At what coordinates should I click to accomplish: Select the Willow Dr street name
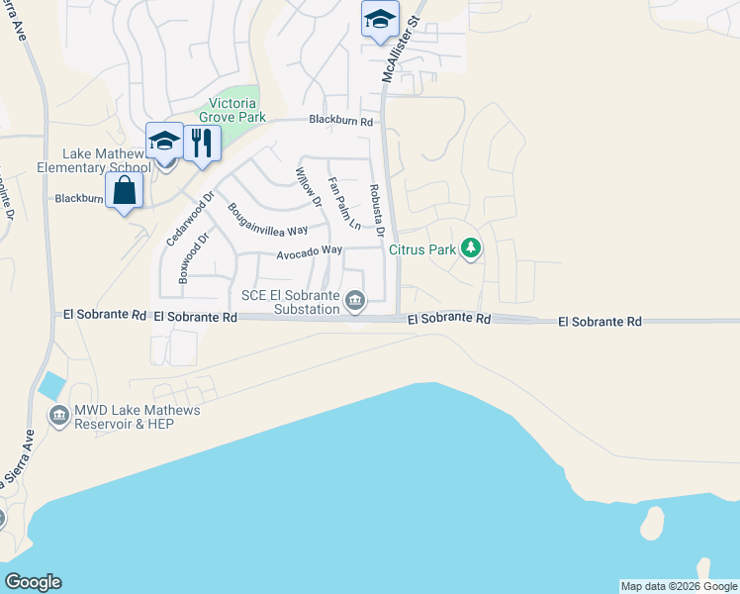(x=309, y=187)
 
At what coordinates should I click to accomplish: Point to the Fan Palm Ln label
(x=343, y=202)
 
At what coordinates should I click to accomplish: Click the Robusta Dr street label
(x=376, y=211)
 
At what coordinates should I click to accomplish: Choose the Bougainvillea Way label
(x=268, y=221)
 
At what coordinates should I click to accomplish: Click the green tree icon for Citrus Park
(x=472, y=248)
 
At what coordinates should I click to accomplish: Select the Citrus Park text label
(x=422, y=249)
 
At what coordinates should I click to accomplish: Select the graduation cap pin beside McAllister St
(x=380, y=20)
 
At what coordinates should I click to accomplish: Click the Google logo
(x=33, y=582)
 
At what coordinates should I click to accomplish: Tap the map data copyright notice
(x=679, y=586)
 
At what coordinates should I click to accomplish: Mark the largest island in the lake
(x=652, y=524)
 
